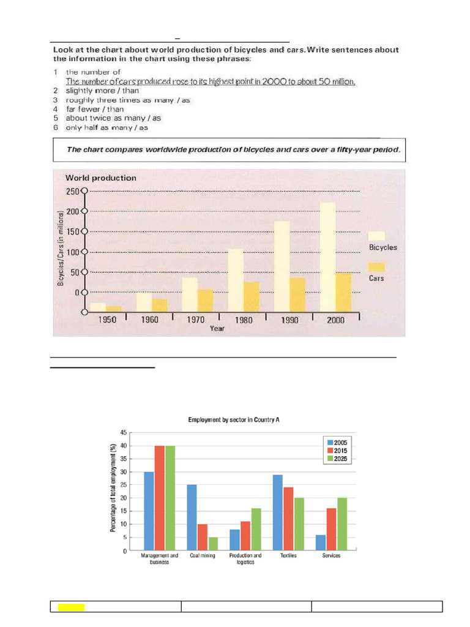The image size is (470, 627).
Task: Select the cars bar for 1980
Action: click(252, 297)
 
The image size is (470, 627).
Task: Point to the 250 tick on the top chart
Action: click(73, 191)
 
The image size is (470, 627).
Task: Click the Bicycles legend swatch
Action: click(376, 236)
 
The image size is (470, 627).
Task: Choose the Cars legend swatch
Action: click(376, 266)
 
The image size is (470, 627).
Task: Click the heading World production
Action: click(101, 178)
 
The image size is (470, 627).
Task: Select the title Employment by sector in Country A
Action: click(234, 420)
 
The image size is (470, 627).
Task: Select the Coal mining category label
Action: click(203, 555)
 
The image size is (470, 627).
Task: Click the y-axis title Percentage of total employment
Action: click(114, 488)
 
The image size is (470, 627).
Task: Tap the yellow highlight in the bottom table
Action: click(71, 607)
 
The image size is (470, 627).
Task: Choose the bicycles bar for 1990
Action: click(282, 266)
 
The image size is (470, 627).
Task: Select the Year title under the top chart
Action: click(217, 329)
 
